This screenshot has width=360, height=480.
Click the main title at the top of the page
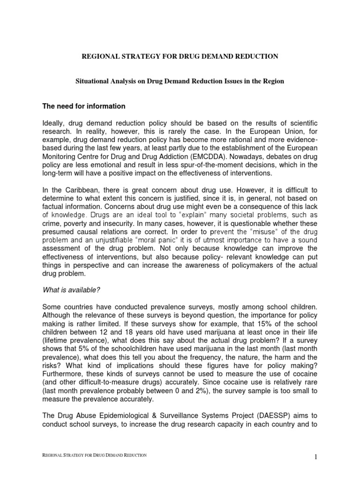coord(180,56)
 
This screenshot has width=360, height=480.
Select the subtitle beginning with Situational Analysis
coord(180,81)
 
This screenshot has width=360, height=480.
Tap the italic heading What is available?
coord(71,290)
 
